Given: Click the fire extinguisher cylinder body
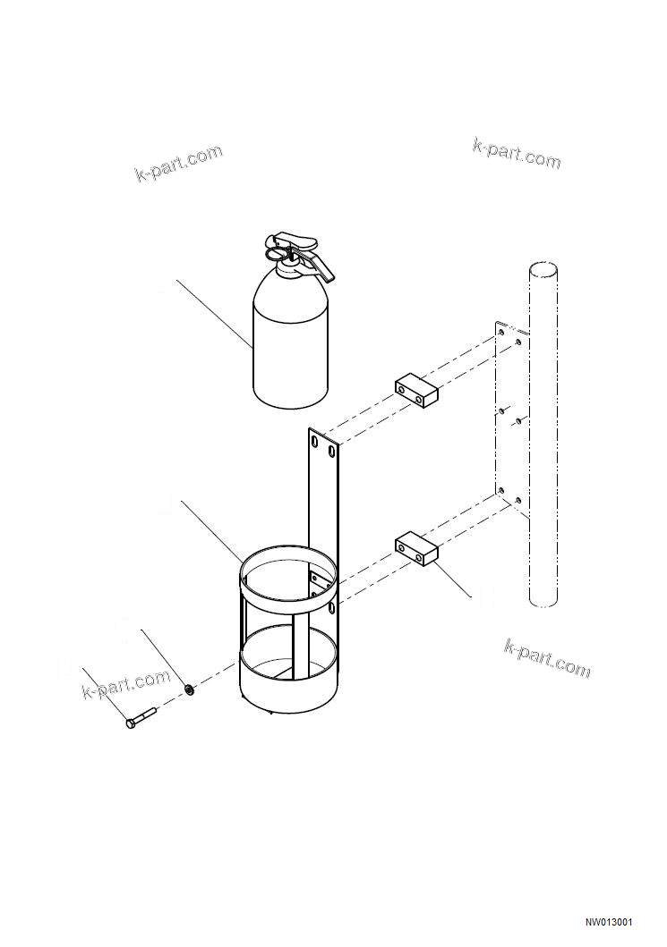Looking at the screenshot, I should coord(290,349).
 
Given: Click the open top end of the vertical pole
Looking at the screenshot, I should coord(542,269).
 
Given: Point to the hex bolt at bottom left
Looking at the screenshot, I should coord(141,719).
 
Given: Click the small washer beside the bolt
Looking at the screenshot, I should coord(190,689).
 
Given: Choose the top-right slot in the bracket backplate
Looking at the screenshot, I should coord(332,452).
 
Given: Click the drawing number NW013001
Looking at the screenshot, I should coord(609,922).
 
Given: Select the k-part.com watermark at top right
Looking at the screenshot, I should coord(517,154).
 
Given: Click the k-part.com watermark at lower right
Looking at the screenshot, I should coord(548,658).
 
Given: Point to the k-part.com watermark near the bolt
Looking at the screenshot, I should coord(125,685).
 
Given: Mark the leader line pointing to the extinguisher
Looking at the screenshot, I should coord(215,313).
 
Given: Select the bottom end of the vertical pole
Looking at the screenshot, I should coord(543,601).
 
